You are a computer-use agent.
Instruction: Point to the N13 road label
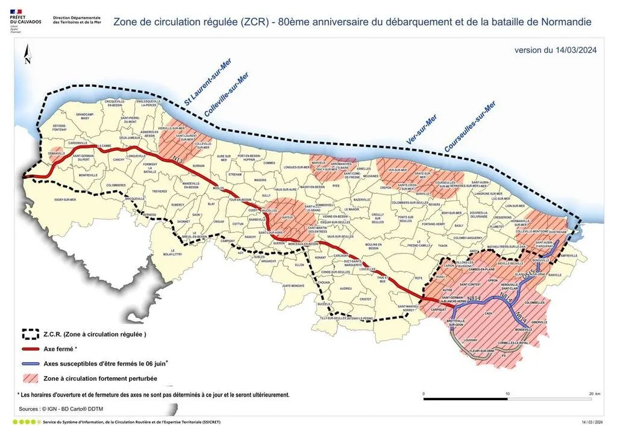click(x=178, y=160)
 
